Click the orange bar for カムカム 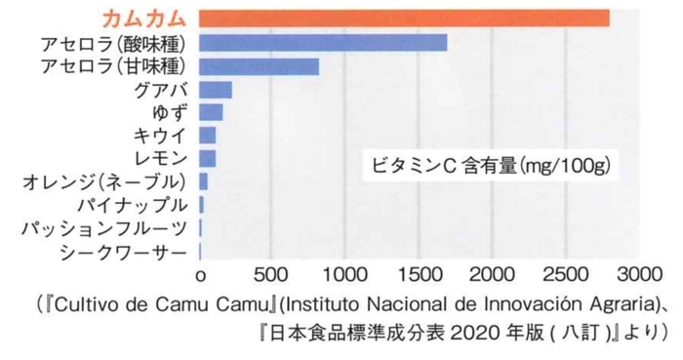coord(404,19)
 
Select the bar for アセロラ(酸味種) coord(323,43)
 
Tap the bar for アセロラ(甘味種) coord(260,66)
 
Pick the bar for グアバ coord(216,90)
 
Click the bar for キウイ coord(208,136)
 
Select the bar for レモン coord(208,158)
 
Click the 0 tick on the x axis coord(201,274)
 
